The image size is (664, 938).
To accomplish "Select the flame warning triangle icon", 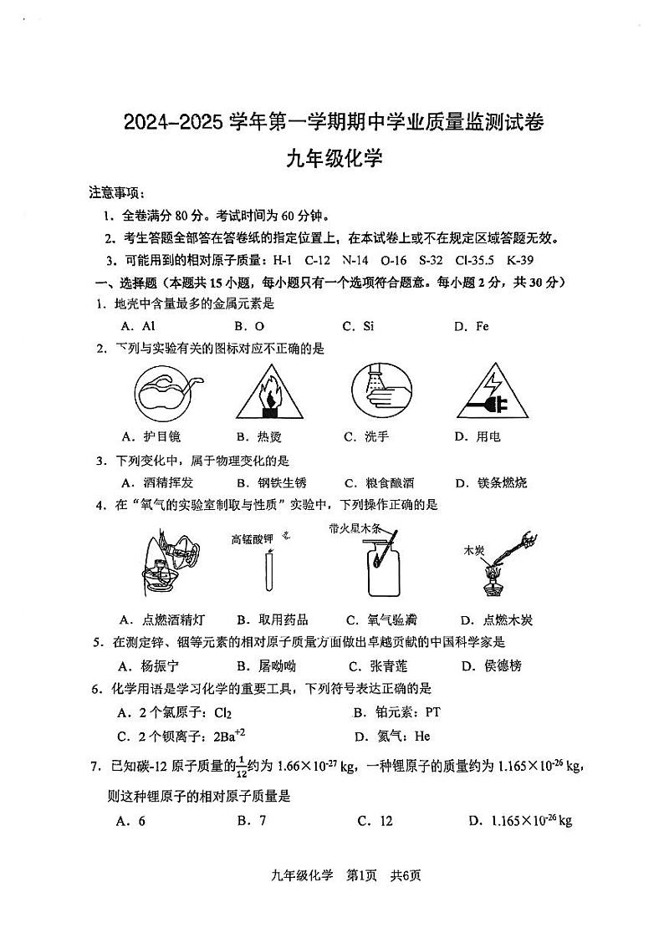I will [269, 395].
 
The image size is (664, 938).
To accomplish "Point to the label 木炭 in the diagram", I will [474, 551].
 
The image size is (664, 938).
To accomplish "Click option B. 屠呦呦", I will [266, 665].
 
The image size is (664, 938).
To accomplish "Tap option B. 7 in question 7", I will [251, 820].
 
